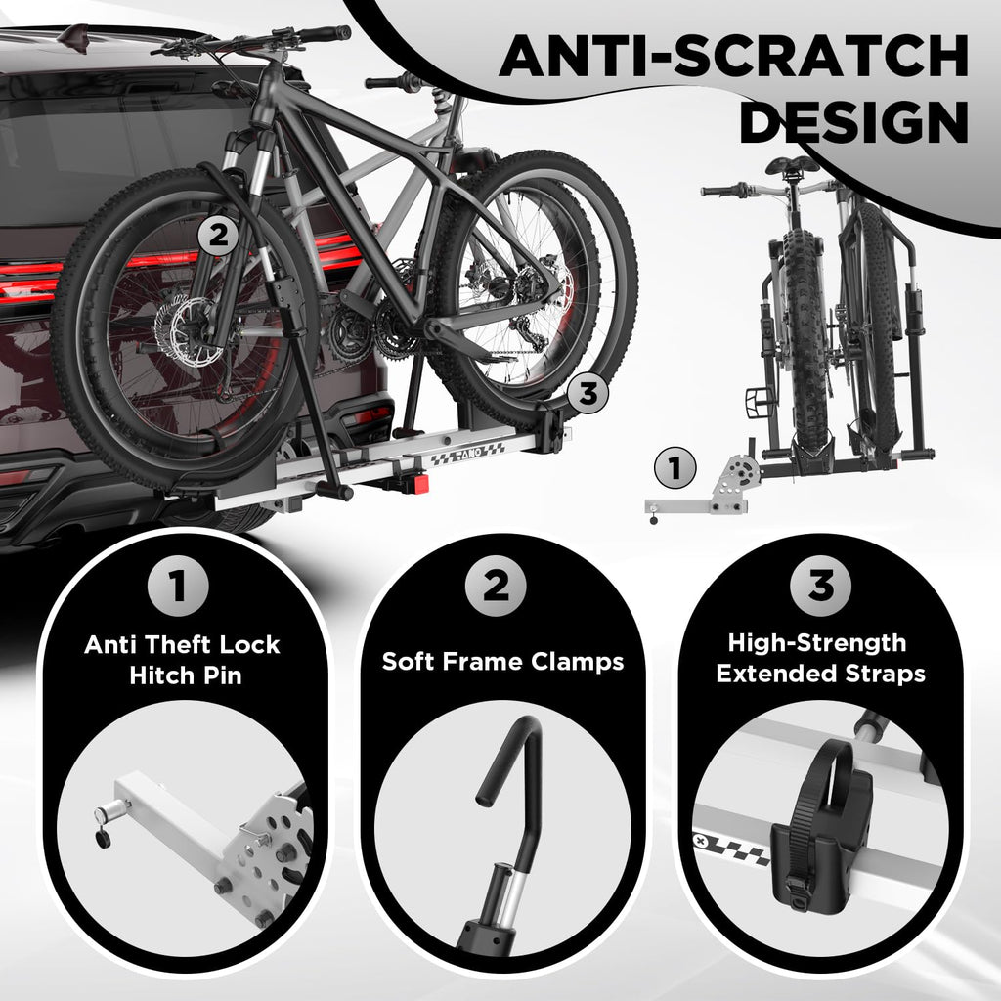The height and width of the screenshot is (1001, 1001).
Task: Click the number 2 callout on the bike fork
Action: click(218, 237)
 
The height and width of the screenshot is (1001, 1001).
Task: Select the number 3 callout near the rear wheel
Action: click(588, 393)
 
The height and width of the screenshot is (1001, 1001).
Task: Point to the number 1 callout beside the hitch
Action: click(675, 469)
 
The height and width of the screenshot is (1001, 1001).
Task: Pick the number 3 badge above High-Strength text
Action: click(820, 587)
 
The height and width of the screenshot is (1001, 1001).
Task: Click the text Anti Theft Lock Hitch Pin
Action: click(182, 660)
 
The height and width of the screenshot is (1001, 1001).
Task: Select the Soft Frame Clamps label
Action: click(502, 662)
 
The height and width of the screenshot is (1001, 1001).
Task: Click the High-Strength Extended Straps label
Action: click(820, 658)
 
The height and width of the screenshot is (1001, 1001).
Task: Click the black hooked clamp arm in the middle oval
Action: click(522, 782)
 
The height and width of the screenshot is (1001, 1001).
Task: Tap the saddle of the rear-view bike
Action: click(791, 165)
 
